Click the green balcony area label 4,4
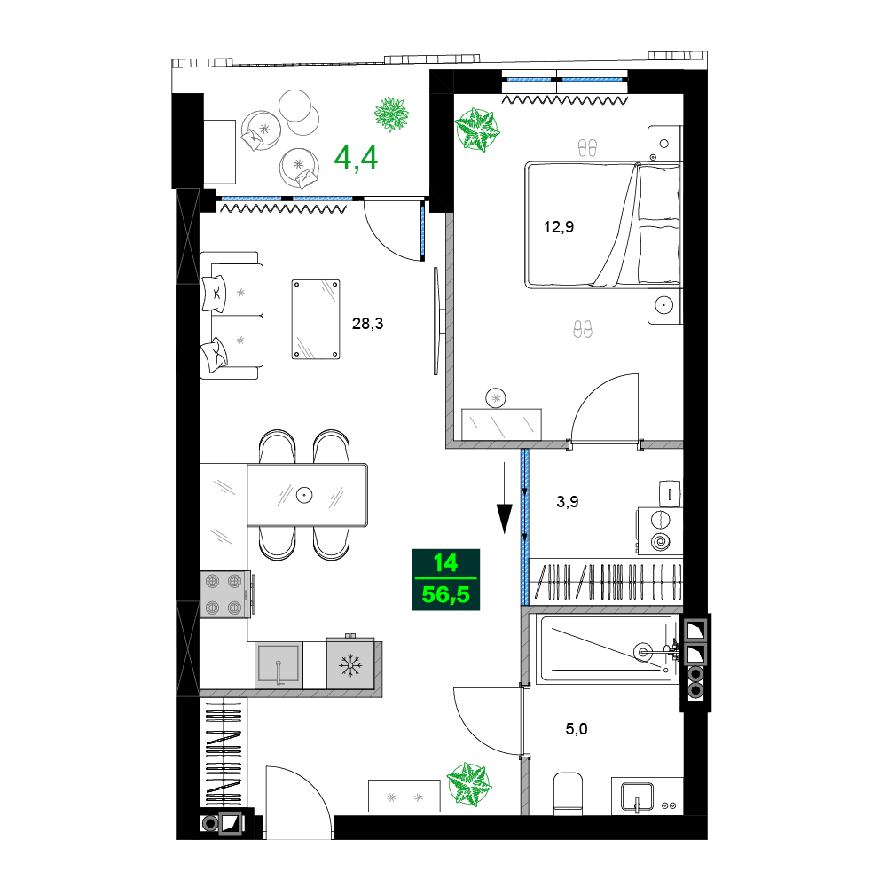356,157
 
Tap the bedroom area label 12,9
559,226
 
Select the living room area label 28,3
367,324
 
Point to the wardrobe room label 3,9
568,501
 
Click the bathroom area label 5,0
577,730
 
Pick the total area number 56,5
445,593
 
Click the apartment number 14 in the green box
445,562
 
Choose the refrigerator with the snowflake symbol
349,663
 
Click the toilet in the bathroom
567,792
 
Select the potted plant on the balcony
390,114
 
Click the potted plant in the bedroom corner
477,130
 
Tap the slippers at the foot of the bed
582,329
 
